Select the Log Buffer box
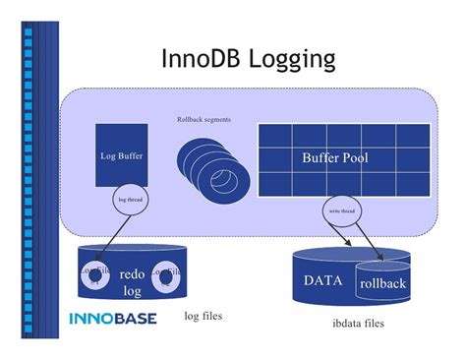click(123, 154)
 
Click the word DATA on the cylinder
click(322, 280)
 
